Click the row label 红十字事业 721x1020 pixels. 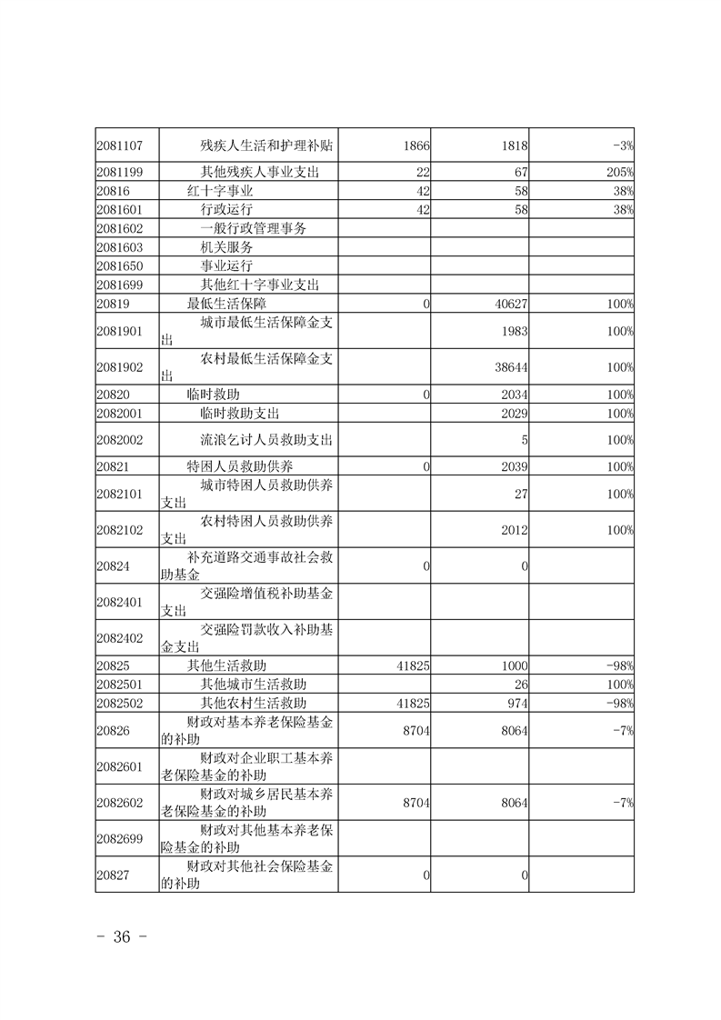pyautogui.click(x=220, y=191)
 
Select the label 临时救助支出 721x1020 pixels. pyautogui.click(x=239, y=413)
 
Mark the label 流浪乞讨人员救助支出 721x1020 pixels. pyautogui.click(x=266, y=440)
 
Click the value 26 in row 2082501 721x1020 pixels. pyautogui.click(x=521, y=684)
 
